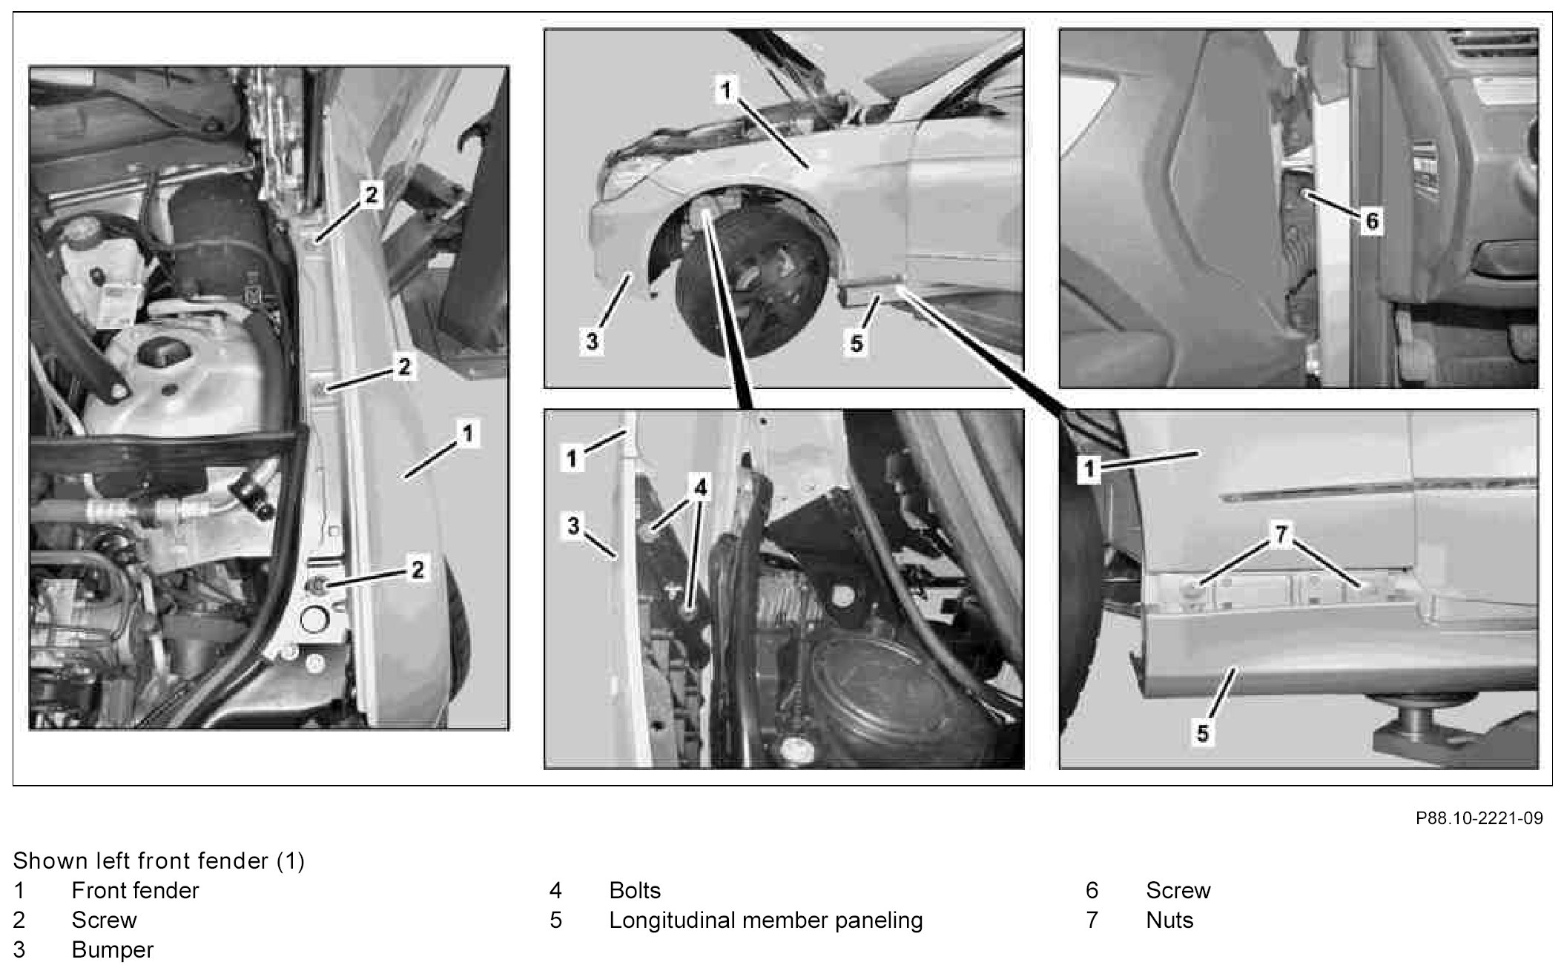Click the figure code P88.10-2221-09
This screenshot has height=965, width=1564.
[1479, 818]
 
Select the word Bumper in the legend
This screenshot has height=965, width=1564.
[113, 949]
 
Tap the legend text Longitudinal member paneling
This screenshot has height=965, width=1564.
[766, 920]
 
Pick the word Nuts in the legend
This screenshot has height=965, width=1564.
[1169, 920]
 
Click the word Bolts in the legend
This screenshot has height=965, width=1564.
[635, 890]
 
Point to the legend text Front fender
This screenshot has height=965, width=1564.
[135, 890]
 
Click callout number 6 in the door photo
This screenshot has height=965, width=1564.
[1371, 220]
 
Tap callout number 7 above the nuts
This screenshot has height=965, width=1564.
[1282, 532]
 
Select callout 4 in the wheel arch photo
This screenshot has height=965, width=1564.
[700, 487]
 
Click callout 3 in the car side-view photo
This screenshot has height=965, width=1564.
[592, 342]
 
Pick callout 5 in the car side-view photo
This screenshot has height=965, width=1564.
[857, 343]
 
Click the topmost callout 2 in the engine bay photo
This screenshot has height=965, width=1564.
[371, 195]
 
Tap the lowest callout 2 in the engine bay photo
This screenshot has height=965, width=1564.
[418, 569]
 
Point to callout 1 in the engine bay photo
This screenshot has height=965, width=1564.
[467, 433]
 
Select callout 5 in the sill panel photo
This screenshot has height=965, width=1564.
[1202, 733]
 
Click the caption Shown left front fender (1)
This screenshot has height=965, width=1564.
[159, 860]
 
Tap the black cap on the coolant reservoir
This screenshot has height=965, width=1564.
[162, 354]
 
